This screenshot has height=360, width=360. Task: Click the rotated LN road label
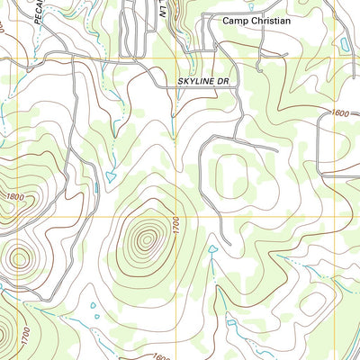(x=164, y=9)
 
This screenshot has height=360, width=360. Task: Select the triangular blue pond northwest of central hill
(x=111, y=175)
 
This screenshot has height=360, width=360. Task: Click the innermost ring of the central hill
(x=144, y=239)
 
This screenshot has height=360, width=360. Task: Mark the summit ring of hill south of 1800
(x=18, y=259)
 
